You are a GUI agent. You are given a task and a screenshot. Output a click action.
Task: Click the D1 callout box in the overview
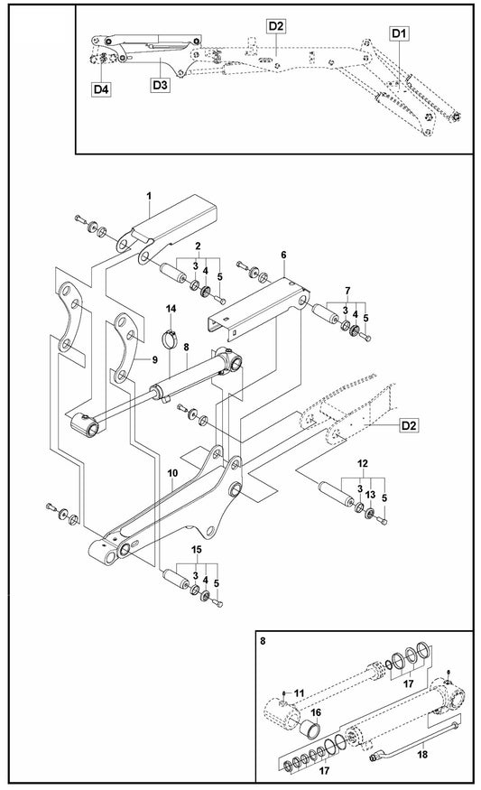[400, 33]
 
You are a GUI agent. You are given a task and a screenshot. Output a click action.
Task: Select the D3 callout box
[160, 84]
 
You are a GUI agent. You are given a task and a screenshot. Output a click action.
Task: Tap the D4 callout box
[100, 88]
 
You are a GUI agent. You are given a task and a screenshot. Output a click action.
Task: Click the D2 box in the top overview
[276, 26]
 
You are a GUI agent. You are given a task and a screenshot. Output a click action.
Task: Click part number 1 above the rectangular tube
[149, 196]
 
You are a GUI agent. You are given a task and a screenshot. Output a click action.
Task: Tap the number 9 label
[153, 359]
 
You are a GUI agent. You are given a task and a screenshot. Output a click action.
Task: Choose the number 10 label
[171, 472]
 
